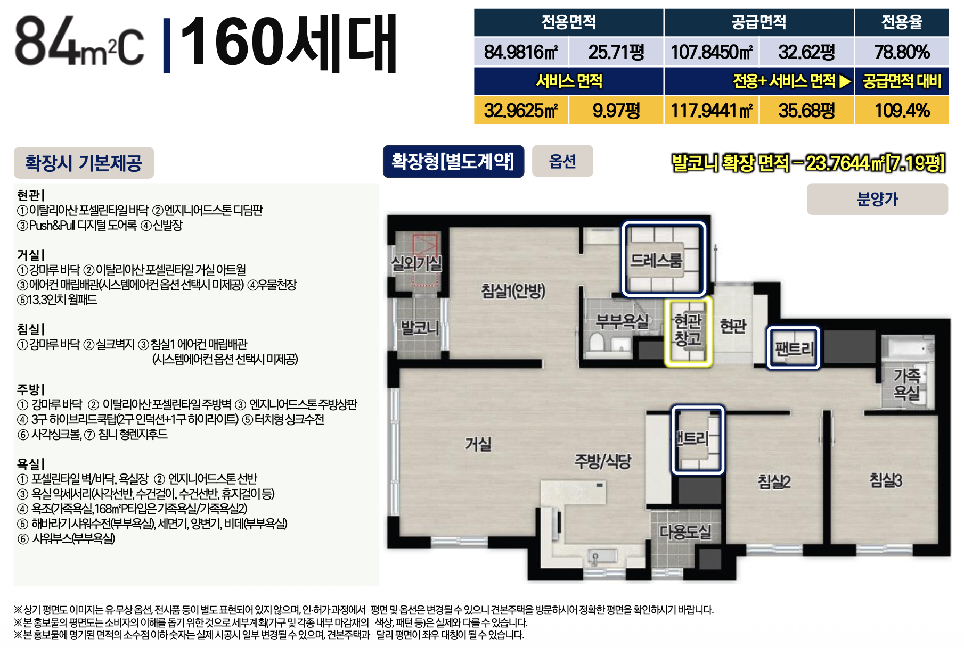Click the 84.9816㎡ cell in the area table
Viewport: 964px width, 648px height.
(521, 52)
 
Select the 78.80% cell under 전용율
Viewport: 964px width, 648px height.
(902, 52)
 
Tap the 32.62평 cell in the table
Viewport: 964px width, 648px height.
(806, 52)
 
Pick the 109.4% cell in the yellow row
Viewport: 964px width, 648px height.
(902, 110)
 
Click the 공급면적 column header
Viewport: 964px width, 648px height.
(759, 22)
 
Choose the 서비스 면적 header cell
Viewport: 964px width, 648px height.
(569, 81)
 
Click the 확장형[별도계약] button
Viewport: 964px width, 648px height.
(453, 161)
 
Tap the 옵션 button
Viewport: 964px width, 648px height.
(562, 161)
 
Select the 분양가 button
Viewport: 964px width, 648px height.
(877, 199)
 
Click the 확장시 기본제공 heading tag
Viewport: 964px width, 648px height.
(84, 163)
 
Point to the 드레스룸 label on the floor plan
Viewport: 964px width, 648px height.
(656, 260)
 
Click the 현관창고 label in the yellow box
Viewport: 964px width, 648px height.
(688, 330)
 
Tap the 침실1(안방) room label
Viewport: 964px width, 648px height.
(513, 290)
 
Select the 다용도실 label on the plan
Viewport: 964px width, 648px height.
(685, 531)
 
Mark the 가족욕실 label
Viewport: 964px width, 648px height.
(906, 384)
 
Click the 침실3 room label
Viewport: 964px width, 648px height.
(886, 480)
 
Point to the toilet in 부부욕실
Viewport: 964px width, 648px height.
(597, 343)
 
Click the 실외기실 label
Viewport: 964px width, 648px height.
(416, 263)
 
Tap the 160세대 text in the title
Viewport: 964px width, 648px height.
(289, 44)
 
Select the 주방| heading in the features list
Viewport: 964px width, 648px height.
(31, 389)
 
